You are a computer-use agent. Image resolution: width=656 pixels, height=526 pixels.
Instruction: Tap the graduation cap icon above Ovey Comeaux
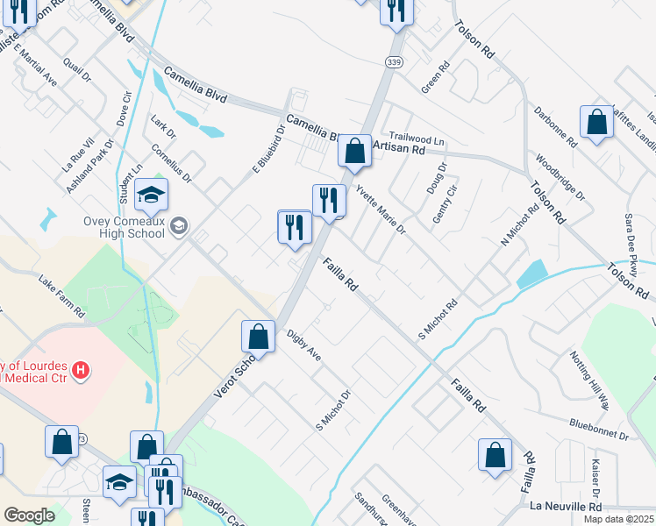coord(151,195)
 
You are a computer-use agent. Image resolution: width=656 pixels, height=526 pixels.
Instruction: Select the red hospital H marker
coord(81,371)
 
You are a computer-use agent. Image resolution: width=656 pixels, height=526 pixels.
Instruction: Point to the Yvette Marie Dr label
coord(381,211)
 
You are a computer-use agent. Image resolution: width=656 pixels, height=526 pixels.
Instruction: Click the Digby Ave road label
coord(304,348)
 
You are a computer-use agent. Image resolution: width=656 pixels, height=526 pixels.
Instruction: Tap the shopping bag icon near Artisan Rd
coord(354,151)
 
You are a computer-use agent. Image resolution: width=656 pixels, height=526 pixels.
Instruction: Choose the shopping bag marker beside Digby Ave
coord(258,337)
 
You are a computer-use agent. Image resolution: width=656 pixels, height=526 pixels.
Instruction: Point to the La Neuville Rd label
coord(566,507)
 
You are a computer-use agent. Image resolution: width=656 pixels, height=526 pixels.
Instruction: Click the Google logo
coord(28,515)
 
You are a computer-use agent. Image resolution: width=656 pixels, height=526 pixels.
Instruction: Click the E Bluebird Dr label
coord(269,148)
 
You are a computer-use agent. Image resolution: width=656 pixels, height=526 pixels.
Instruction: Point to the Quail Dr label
coord(78,69)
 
